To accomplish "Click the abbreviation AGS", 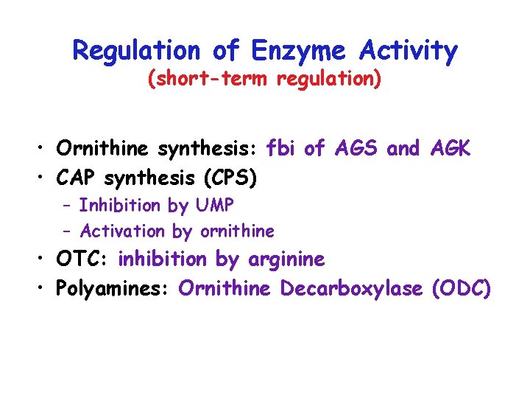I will (x=358, y=149).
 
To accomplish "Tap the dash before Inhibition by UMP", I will (x=67, y=205).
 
